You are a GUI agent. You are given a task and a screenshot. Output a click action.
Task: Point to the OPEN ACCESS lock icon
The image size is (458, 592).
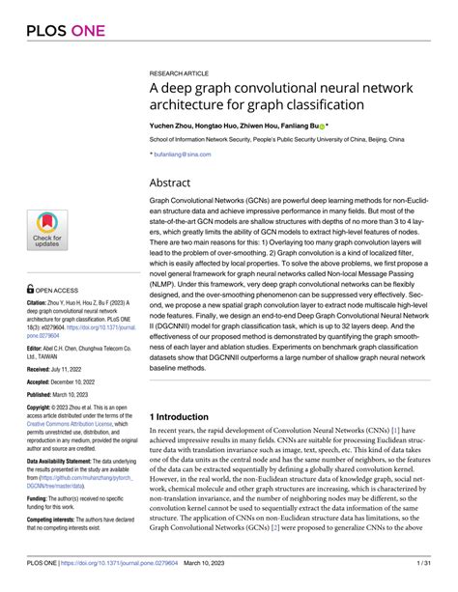coord(31,288)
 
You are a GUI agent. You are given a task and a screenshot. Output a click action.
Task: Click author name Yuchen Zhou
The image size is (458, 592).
coord(175,127)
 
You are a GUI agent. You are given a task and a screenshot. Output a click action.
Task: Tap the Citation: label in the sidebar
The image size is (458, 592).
coord(40,302)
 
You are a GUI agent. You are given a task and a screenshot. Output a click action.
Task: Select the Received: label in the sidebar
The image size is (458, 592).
coord(42,369)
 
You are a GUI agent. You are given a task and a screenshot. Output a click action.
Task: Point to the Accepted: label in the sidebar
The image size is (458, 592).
coord(42,382)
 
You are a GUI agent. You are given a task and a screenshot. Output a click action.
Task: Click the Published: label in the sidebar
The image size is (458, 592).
coord(43,396)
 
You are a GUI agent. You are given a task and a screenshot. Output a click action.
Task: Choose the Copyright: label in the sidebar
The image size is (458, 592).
coord(43,409)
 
